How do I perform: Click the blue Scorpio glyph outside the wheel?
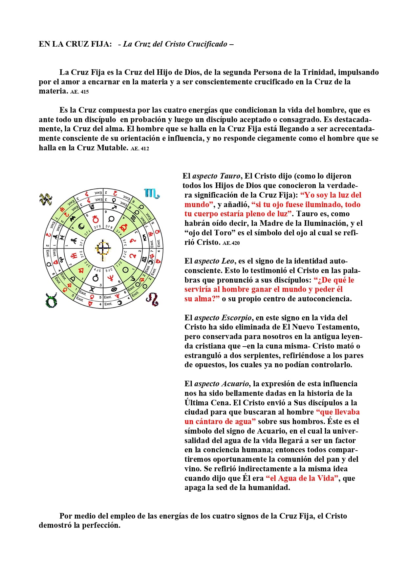[x=152, y=194]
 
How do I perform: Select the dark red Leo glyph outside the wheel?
[x=152, y=299]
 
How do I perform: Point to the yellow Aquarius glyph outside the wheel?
[x=46, y=199]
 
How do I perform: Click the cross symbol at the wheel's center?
[x=103, y=248]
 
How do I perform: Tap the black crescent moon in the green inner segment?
[x=81, y=226]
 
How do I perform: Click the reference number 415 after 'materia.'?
[x=84, y=92]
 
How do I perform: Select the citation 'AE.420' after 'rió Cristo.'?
[x=231, y=243]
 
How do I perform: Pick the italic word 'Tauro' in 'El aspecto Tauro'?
[x=230, y=176]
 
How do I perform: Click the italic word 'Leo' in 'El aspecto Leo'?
[x=228, y=261]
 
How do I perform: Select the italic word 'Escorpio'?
[x=236, y=318]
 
